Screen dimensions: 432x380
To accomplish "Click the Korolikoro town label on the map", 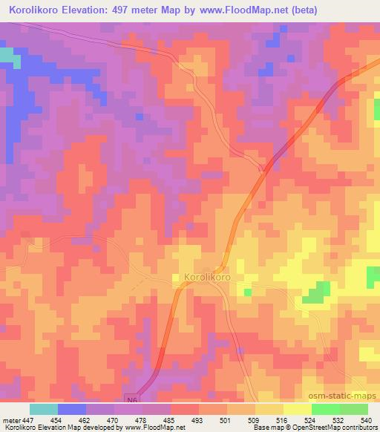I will pyautogui.click(x=203, y=278).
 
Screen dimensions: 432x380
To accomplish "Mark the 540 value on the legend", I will pyautogui.click(x=364, y=420).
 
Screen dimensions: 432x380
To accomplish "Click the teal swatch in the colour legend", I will pyautogui.click(x=44, y=409).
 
